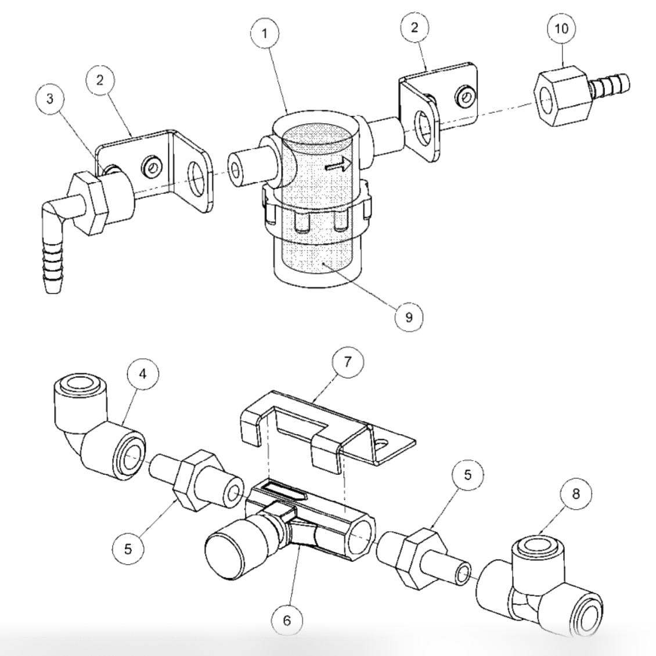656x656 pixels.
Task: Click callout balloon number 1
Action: click(265, 33)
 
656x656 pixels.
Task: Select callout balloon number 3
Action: click(51, 99)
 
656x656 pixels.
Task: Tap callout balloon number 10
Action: click(561, 28)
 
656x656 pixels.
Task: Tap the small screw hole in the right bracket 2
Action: click(464, 96)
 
